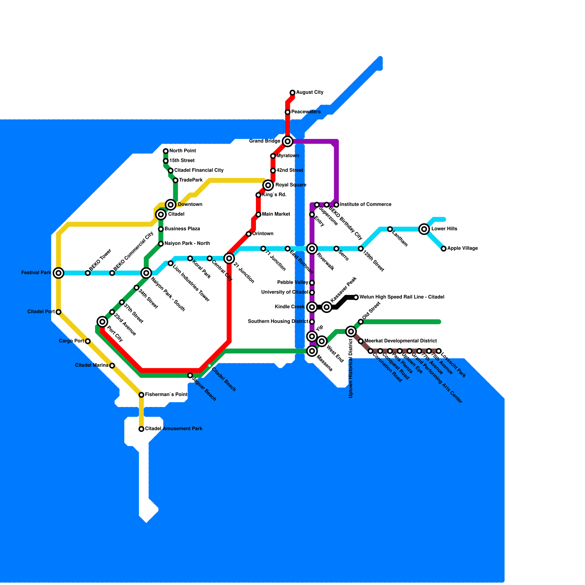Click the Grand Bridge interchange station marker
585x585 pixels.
288,141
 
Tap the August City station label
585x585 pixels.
309,93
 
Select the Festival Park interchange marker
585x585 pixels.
58,273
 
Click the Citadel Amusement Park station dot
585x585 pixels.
141,429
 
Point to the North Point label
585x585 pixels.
182,151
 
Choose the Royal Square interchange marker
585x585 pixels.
268,185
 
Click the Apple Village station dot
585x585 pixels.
444,249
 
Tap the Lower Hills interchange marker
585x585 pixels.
424,229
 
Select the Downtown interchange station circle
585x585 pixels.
171,205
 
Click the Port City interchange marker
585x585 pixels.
103,322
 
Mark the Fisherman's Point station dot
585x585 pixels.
141,395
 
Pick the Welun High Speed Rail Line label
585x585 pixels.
401,297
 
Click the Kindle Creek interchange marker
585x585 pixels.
312,307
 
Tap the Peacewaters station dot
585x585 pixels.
288,112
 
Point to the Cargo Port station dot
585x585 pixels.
88,341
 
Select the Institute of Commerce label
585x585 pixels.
365,204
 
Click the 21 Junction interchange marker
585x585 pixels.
229,258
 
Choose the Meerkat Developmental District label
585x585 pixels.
400,341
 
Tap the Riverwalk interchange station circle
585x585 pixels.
312,249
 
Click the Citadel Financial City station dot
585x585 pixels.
171,171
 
